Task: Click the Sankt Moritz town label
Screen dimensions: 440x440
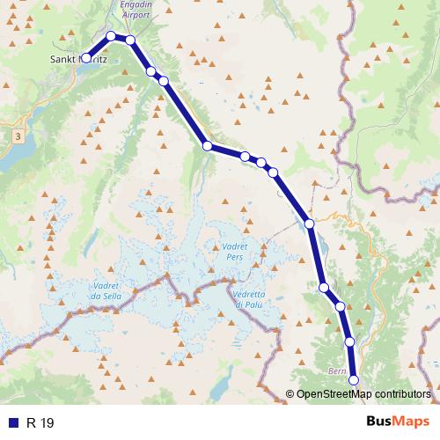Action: (x=78, y=60)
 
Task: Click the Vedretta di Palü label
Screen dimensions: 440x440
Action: (x=256, y=298)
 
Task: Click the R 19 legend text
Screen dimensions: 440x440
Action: (x=40, y=423)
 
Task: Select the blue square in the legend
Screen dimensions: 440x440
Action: (x=13, y=423)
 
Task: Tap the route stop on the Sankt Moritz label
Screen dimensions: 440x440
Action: (x=86, y=58)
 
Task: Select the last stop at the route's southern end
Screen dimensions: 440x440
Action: (x=355, y=379)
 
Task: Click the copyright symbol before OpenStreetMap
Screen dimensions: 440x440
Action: (x=290, y=393)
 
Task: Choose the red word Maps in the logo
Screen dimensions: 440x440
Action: (x=412, y=422)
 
